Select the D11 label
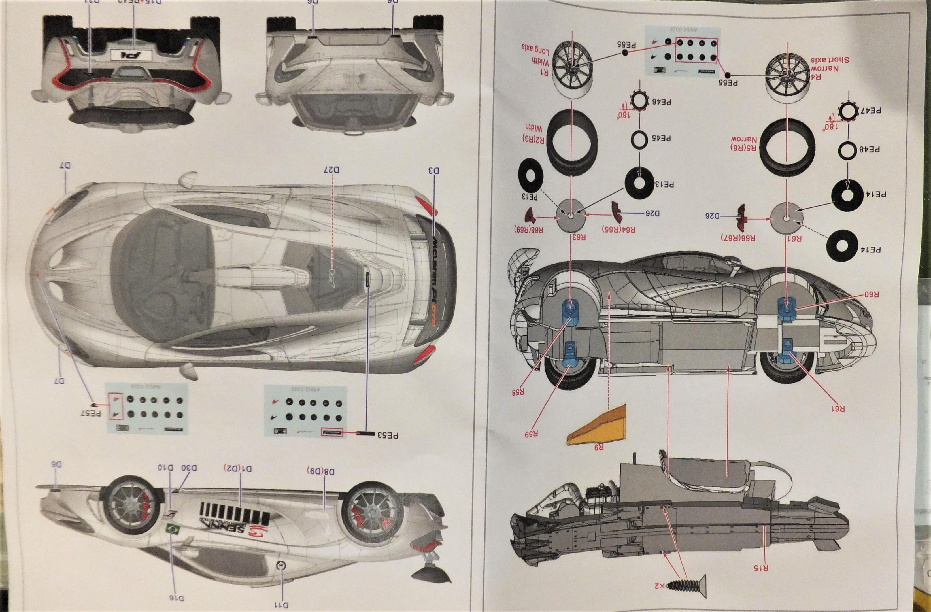281,605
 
